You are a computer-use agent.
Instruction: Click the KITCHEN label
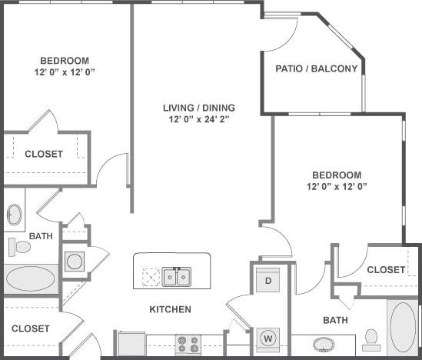[x=170, y=310]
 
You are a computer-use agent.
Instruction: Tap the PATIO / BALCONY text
[x=316, y=68]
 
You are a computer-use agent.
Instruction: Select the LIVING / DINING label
[x=198, y=108]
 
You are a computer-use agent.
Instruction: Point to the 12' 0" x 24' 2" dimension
[x=198, y=119]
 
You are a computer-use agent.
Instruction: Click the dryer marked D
[x=269, y=280]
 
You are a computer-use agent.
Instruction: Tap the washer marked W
[x=269, y=337]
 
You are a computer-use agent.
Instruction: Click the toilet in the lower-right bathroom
[x=372, y=337]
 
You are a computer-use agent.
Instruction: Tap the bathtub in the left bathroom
[x=31, y=278]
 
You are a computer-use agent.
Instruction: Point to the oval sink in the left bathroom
[x=15, y=215]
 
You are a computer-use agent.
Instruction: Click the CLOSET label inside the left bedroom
[x=44, y=154]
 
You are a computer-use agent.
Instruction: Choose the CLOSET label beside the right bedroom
[x=386, y=269]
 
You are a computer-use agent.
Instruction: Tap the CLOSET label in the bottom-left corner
[x=31, y=328]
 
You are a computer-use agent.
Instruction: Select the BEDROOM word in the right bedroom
[x=337, y=175]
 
